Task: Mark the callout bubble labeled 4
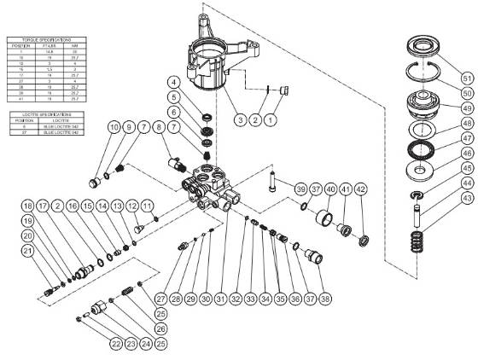click(172, 82)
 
